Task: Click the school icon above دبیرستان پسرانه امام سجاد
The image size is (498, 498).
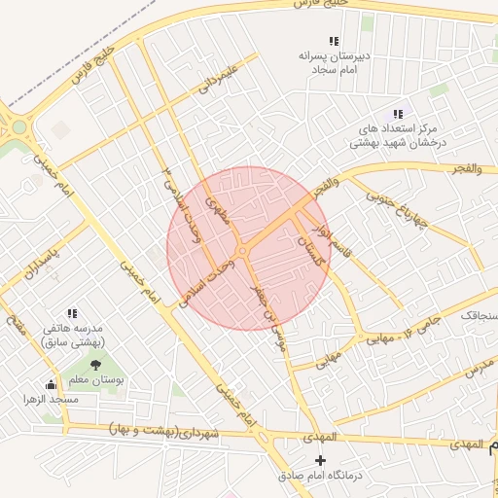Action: point(334,42)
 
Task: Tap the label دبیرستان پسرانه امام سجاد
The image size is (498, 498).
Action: point(334,62)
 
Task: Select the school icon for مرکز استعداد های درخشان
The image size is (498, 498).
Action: point(398,114)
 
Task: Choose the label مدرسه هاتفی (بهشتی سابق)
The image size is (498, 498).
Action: point(77,336)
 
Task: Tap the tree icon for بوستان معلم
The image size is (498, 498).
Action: point(94,365)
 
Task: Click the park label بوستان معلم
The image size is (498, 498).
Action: point(95,380)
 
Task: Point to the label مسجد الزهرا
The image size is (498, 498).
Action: point(51,400)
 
